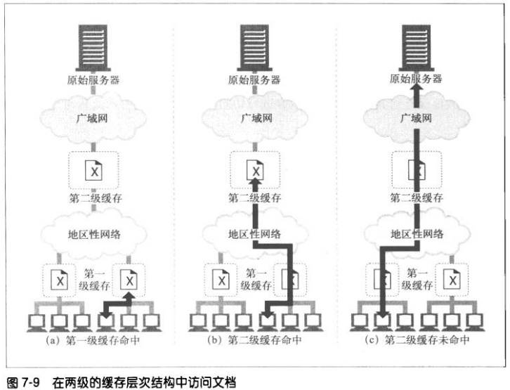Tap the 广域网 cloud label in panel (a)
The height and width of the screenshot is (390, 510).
click(94, 117)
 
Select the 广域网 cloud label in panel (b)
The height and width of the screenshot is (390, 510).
click(256, 117)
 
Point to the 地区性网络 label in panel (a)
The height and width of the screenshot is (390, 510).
click(94, 234)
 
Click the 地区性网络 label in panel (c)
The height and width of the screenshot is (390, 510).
click(417, 234)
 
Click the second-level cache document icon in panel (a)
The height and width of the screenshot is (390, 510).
click(94, 170)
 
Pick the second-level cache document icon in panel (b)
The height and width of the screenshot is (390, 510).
click(256, 170)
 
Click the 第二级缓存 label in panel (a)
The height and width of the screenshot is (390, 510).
click(94, 198)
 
